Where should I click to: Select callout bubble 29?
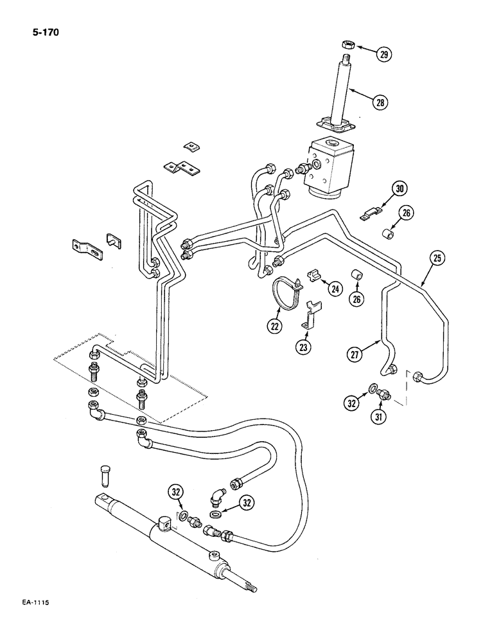[383, 54]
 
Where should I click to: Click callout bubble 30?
[400, 189]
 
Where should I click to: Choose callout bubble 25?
[437, 259]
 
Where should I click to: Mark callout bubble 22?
[275, 327]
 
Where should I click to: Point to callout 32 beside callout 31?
[351, 404]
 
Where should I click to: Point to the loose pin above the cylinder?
[107, 479]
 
